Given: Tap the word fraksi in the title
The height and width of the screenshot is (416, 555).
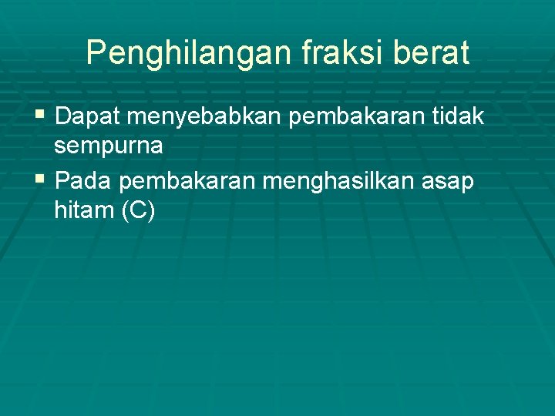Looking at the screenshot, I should pos(324,53).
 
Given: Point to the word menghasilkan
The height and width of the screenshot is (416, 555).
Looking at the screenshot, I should pos(340,182).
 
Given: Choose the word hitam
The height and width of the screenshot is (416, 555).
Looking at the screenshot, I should pos(82,210).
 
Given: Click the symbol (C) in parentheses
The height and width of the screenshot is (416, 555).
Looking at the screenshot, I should pos(138,211).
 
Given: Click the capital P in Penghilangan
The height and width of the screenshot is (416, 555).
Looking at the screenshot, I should pos(96,52).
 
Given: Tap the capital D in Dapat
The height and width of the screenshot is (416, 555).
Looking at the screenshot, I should pos(63,116).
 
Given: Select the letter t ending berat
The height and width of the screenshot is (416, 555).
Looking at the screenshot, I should pos(463,53).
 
